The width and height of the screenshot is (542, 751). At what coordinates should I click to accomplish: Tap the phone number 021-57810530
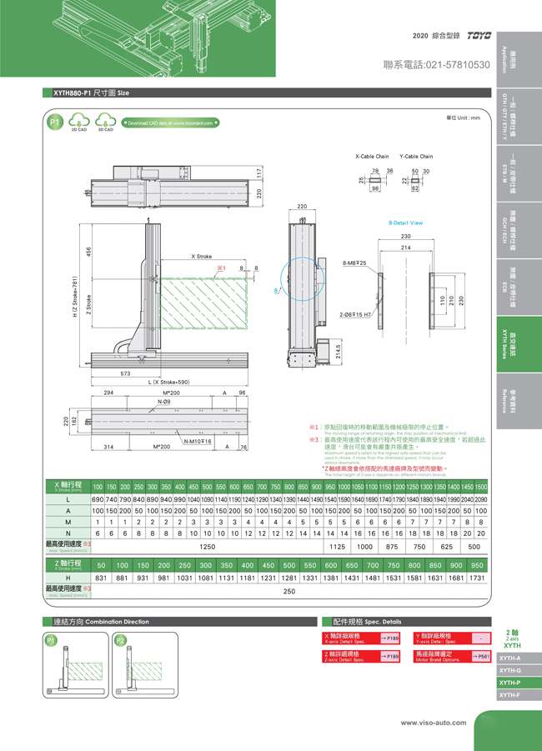coord(436,64)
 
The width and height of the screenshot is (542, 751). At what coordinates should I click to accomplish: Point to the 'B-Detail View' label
coord(405,223)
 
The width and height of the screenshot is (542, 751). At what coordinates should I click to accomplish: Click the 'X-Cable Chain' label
coord(372,156)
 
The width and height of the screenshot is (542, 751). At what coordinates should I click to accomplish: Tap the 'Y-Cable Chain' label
coord(416,156)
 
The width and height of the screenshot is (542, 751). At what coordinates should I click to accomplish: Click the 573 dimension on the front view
coord(127,374)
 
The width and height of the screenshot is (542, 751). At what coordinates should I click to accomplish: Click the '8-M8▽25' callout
coord(354,263)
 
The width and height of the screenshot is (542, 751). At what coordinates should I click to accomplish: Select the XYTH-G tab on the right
coord(509,670)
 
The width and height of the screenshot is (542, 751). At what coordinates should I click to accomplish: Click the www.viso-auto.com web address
coord(434,723)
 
